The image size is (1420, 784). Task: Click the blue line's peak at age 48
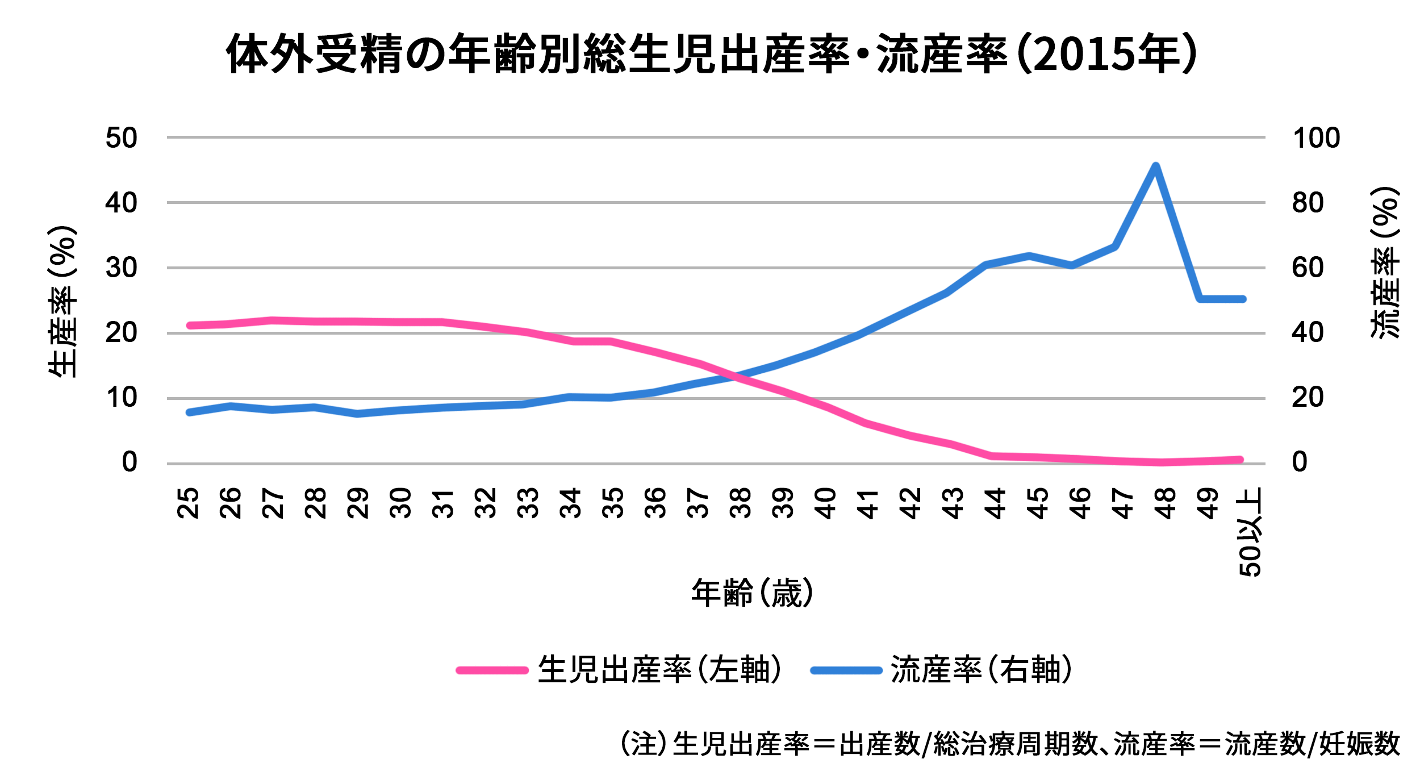point(1155,166)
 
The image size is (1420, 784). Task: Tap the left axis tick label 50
point(122,138)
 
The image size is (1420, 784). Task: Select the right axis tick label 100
point(1316,138)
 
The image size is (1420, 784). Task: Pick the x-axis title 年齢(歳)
point(751,593)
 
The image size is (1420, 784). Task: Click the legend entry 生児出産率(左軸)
point(659,669)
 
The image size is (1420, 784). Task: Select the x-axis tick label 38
point(741,503)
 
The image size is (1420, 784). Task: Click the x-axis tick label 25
point(188,503)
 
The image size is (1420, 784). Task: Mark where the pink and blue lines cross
point(737,376)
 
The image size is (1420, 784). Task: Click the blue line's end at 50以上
point(1243,299)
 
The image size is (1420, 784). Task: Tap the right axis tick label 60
point(1308,268)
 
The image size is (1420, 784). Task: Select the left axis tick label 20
point(122,333)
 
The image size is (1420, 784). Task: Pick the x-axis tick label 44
point(996,503)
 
